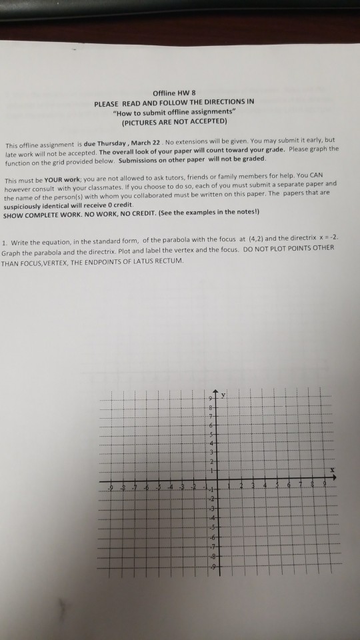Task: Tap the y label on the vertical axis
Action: (225, 394)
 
